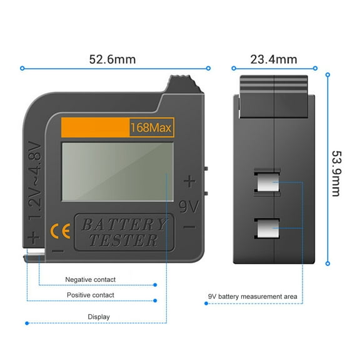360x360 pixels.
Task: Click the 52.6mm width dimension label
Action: point(112,59)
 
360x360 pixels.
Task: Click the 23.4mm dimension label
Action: point(273,59)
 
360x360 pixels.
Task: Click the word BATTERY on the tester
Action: point(123,225)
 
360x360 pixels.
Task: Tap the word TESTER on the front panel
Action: point(123,241)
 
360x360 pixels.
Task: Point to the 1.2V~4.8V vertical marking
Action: point(36,181)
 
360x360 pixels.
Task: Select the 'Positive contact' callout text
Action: point(91,295)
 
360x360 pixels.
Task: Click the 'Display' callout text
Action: point(99,317)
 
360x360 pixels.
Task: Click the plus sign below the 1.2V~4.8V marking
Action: point(34,237)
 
